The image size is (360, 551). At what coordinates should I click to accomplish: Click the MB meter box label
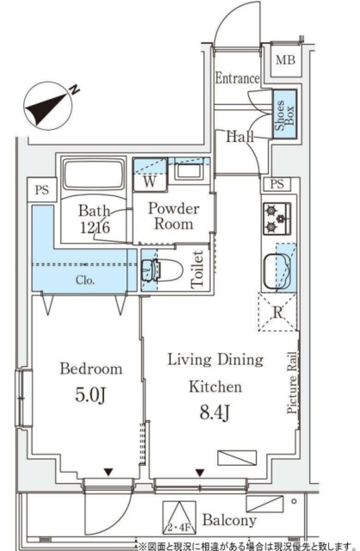285,60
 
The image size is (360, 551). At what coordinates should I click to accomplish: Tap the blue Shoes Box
285,115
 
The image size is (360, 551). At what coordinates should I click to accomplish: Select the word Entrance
238,78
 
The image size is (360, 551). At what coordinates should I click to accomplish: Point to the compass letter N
74,90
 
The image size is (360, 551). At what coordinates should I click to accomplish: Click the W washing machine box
150,175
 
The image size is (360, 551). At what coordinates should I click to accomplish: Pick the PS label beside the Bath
42,190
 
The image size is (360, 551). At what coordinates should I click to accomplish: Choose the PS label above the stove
277,183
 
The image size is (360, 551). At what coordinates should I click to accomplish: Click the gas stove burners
277,219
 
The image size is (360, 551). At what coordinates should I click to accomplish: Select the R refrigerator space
277,312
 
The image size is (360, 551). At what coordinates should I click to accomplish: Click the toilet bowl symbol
163,270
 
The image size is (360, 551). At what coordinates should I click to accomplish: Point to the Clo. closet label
85,280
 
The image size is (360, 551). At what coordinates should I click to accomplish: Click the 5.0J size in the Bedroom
90,395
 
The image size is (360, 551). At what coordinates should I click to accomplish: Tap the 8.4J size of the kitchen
215,412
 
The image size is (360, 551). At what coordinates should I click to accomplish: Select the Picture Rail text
293,382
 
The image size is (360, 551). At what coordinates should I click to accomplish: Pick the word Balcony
229,520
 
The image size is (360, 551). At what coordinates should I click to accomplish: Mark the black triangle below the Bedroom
108,473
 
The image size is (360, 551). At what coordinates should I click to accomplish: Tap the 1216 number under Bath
95,227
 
